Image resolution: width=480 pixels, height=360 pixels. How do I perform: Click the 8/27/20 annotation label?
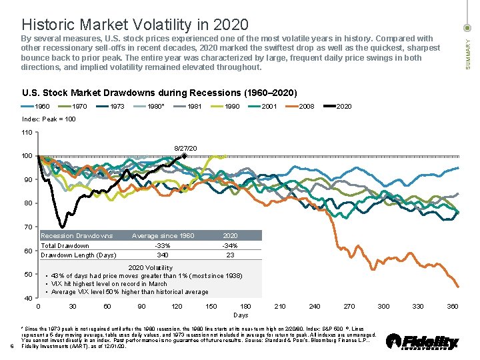pyautogui.click(x=185, y=147)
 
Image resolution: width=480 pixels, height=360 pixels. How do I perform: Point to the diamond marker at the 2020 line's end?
pyautogui.click(x=184, y=156)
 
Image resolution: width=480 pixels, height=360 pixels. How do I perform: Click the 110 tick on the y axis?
pyautogui.click(x=27, y=133)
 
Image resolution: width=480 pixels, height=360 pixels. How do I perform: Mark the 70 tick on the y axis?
pyautogui.click(x=27, y=227)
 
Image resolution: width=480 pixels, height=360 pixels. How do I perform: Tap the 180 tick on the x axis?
pyautogui.click(x=245, y=306)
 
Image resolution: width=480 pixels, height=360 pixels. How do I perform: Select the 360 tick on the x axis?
pyautogui.click(x=453, y=306)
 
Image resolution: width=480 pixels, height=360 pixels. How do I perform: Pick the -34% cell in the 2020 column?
pyautogui.click(x=230, y=245)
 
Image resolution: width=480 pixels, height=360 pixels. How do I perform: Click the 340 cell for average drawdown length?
pyautogui.click(x=162, y=255)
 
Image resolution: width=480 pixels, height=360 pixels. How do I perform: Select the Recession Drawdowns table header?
pyautogui.click(x=77, y=235)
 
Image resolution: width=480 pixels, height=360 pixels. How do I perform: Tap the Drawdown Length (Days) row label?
pyautogui.click(x=78, y=255)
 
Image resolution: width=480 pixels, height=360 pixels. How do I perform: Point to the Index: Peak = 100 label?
pyautogui.click(x=49, y=119)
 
